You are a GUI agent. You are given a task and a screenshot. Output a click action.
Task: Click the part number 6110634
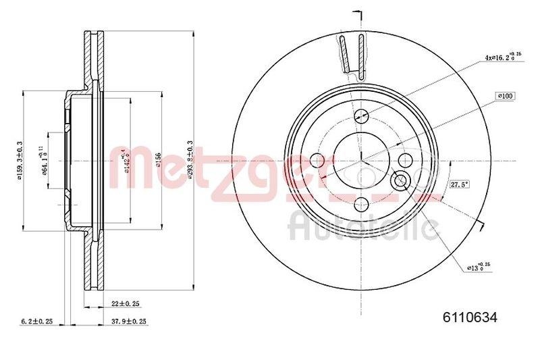[x=470, y=316]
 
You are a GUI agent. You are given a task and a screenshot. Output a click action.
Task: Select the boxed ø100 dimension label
[x=505, y=97]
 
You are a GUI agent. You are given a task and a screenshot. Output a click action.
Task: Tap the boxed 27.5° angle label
[x=460, y=184]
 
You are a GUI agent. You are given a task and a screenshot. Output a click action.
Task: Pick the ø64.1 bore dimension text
[x=45, y=161]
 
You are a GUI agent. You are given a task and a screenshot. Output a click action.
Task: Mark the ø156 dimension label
[x=158, y=159]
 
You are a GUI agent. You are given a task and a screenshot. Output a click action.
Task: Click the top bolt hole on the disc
[x=362, y=115]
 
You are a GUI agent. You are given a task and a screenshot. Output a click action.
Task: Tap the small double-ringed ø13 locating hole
[x=400, y=180]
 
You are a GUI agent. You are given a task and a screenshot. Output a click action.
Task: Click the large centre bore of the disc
[x=362, y=160]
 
